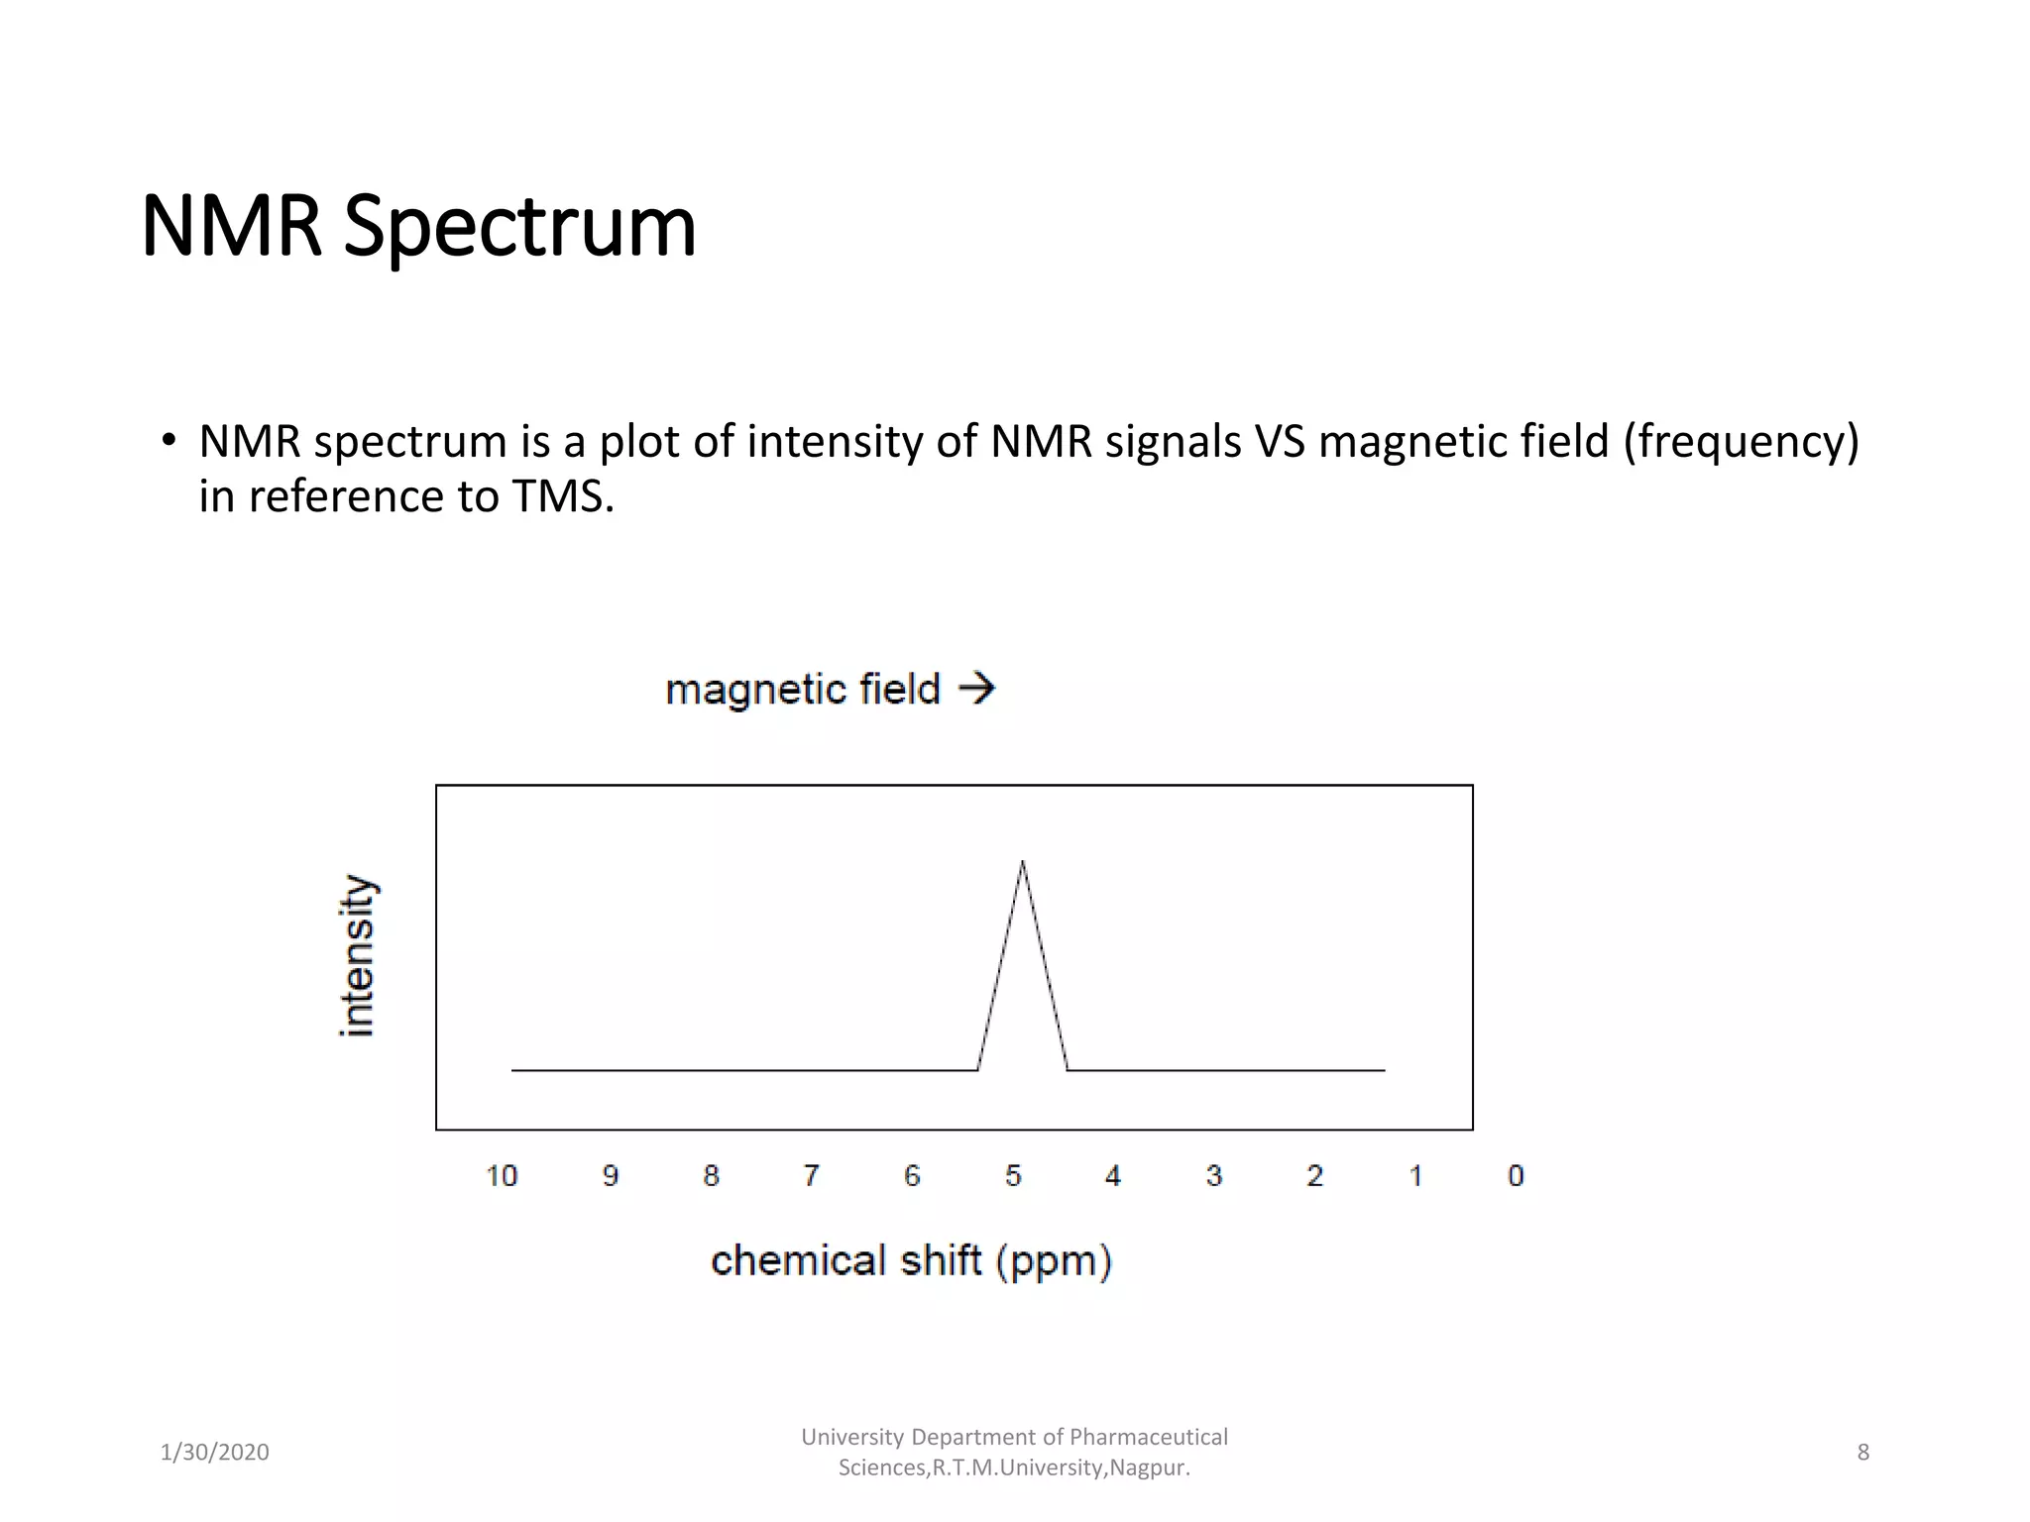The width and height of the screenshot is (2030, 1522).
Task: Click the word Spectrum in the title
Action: tap(519, 227)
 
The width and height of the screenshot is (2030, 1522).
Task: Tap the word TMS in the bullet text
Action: tap(562, 496)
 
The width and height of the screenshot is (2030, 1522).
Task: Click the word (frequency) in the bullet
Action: tap(1741, 442)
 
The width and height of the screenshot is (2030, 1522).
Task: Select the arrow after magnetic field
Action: tap(977, 688)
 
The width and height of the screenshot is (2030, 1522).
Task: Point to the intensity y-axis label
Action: tap(357, 956)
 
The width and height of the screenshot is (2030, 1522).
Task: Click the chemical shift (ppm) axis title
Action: tap(911, 1261)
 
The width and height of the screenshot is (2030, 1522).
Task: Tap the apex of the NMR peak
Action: tap(1022, 862)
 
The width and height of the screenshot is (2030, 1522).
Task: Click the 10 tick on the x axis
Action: tap(502, 1176)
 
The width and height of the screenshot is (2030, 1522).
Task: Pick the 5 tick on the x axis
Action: tap(1013, 1176)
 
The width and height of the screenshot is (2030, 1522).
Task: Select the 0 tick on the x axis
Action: tap(1516, 1176)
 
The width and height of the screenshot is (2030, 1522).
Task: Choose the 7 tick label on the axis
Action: tap(811, 1176)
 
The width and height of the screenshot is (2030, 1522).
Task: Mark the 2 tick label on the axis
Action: tap(1314, 1176)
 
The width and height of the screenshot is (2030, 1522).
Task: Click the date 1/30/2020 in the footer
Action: tap(214, 1453)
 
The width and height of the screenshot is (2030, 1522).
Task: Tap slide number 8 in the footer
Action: tap(1862, 1453)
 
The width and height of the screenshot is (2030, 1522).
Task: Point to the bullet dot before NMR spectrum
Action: tap(169, 439)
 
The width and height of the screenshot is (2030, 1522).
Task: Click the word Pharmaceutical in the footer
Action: tap(1148, 1437)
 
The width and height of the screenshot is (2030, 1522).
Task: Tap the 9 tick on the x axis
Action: tap(611, 1176)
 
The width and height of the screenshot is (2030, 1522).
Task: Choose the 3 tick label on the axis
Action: tap(1213, 1176)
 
